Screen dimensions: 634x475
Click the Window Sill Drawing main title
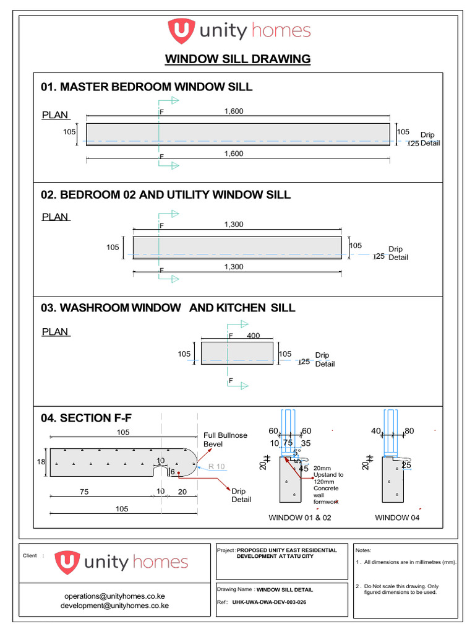coord(237,59)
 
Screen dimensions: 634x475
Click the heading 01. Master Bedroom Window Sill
coord(147,87)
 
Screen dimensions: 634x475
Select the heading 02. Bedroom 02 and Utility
coord(166,195)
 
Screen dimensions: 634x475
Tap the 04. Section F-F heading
coord(87,418)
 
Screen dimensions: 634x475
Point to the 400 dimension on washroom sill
coord(253,336)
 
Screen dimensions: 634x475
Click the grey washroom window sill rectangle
coord(237,353)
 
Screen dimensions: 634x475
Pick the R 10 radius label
coord(216,466)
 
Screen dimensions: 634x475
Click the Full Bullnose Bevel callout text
coord(225,440)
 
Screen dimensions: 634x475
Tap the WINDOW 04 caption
coord(397,518)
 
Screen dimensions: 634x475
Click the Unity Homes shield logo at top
coord(181,30)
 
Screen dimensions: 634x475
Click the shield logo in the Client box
coord(67,562)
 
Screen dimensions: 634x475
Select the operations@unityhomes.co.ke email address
coord(114,596)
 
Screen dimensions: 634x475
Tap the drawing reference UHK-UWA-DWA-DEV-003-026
coord(270,602)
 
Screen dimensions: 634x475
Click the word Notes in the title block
coord(363,550)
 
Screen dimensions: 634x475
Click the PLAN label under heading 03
coord(56,332)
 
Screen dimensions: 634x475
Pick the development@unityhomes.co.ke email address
coord(114,606)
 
